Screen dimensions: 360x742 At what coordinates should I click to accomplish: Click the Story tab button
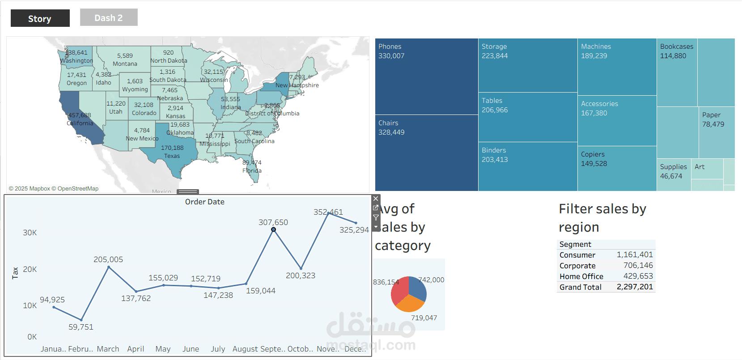40,18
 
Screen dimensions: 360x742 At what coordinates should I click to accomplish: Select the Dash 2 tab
109,18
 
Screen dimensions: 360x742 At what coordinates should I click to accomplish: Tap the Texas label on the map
172,156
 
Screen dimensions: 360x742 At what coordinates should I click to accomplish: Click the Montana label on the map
125,64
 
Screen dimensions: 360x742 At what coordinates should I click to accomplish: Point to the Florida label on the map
252,170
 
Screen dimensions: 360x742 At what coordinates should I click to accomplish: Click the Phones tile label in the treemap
390,47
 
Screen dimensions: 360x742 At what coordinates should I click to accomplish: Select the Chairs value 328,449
391,132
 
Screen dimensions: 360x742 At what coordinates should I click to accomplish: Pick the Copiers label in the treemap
593,154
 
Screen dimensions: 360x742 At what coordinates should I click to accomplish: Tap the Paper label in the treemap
711,115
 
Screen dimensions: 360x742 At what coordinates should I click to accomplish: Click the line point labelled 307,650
273,229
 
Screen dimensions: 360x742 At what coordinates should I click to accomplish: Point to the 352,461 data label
328,212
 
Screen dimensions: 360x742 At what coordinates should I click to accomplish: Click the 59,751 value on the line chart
81,327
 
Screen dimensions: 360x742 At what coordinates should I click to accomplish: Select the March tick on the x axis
108,349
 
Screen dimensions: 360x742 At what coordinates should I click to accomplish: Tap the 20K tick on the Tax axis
30,269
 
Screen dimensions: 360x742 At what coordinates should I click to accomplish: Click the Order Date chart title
205,202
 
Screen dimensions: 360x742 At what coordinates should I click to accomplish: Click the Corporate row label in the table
577,266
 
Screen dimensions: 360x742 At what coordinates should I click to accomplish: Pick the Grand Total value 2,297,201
635,287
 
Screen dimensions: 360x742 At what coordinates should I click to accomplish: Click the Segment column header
575,244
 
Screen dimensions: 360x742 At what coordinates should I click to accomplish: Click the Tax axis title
15,273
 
